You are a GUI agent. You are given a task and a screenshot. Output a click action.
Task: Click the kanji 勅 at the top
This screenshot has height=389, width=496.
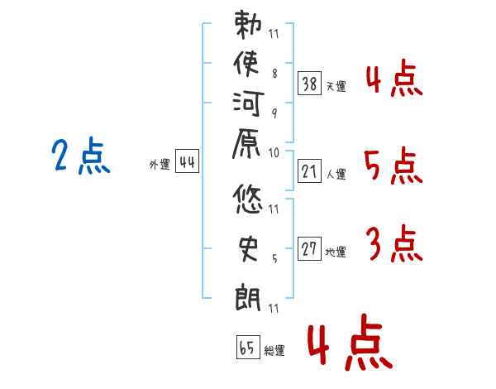coord(249,26)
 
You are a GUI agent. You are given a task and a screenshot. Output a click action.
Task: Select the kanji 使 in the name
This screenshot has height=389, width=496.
coord(249,65)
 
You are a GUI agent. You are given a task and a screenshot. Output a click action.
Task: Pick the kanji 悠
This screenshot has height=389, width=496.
coord(249,199)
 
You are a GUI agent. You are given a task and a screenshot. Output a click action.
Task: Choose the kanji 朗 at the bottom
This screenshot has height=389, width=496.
coord(249,295)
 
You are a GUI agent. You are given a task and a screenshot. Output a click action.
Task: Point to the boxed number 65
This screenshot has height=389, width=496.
coord(247,347)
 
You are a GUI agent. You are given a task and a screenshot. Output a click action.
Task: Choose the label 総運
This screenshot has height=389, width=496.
coord(274,351)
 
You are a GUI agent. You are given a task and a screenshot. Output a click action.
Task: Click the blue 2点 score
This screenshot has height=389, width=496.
coord(81,157)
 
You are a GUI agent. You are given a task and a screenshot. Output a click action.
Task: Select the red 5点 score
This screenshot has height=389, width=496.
coord(393,168)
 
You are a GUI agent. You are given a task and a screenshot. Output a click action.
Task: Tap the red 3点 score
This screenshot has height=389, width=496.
coord(393,245)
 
